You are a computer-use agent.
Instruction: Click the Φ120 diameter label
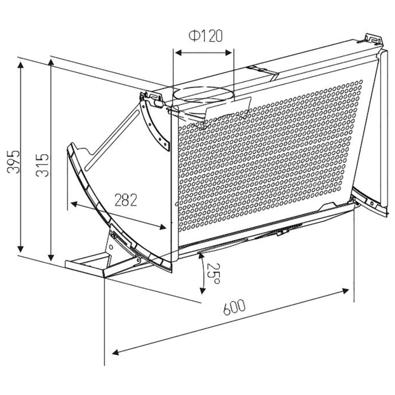tap(206, 36)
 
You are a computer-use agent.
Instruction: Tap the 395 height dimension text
tap(13, 162)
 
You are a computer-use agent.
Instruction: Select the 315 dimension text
tap(42, 165)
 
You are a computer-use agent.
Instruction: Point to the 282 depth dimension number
tap(126, 200)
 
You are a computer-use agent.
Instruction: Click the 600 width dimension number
tap(234, 307)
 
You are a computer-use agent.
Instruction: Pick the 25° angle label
tap(214, 273)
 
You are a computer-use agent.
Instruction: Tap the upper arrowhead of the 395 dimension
tap(20, 65)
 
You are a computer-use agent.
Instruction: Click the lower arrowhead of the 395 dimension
tap(20, 248)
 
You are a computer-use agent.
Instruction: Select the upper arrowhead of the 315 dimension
tap(51, 63)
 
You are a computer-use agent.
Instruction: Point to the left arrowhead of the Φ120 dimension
tap(178, 52)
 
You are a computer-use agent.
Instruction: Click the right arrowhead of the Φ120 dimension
tap(228, 52)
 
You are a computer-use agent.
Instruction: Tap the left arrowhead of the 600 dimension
tap(115, 352)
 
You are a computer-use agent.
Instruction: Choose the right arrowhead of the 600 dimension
tap(345, 291)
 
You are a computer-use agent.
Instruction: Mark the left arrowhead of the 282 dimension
tap(74, 204)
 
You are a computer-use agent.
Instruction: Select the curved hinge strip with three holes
tap(155, 125)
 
